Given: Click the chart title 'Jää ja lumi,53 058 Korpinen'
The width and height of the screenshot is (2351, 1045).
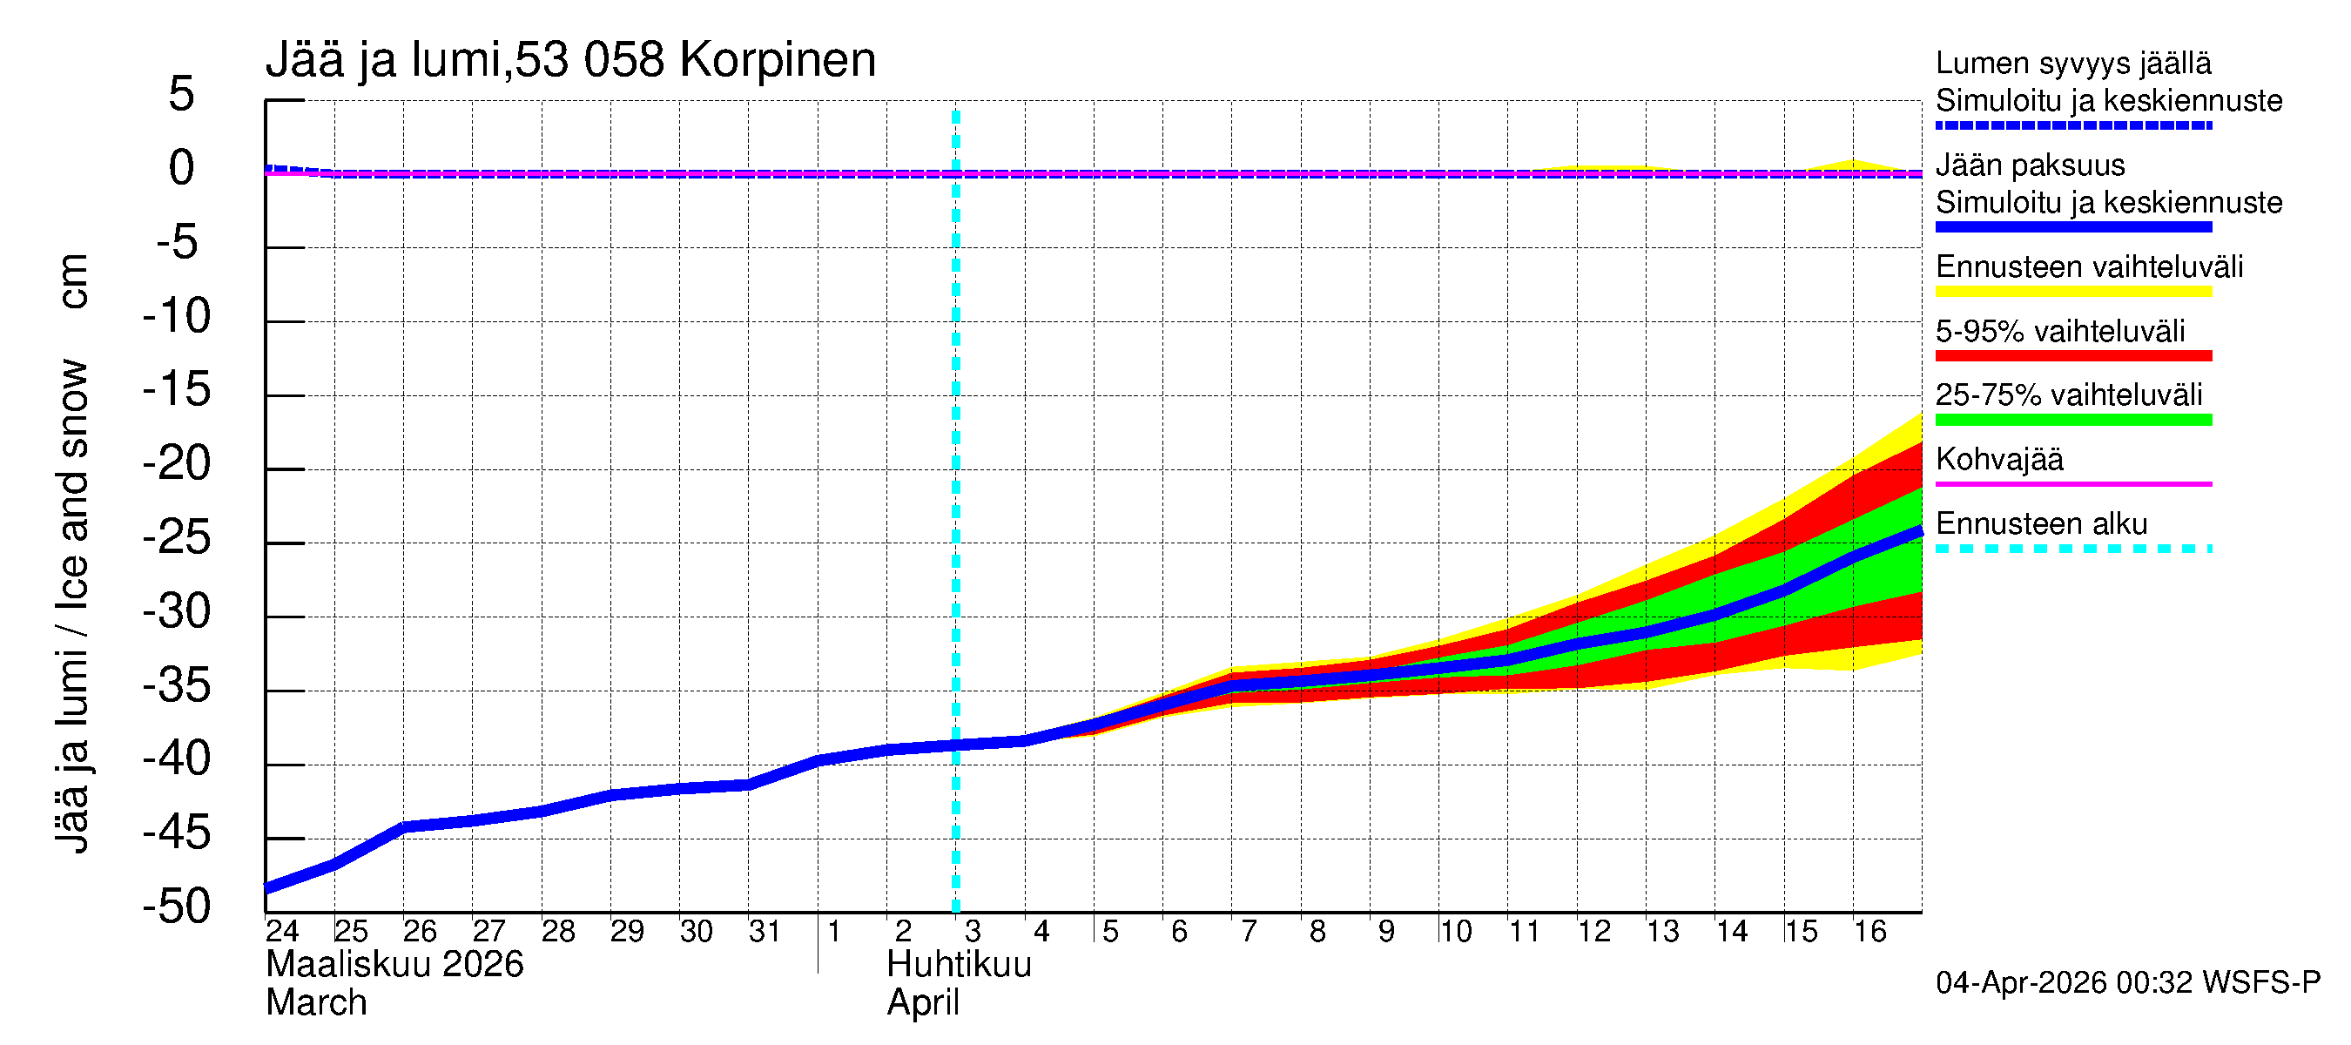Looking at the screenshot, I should [x=570, y=60].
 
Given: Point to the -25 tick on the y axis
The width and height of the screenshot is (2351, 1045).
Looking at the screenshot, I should [x=177, y=537].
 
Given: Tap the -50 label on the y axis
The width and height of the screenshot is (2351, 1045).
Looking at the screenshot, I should [x=177, y=907].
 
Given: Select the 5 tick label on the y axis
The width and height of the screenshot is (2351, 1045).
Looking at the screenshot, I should [x=182, y=94].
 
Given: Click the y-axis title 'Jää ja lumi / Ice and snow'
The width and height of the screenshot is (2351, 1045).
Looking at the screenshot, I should [x=72, y=607].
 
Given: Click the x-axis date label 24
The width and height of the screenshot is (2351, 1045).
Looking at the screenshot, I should [x=282, y=932].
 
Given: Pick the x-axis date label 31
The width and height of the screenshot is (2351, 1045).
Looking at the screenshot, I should [x=765, y=932].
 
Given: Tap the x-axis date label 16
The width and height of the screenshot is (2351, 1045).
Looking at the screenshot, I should [x=1869, y=932].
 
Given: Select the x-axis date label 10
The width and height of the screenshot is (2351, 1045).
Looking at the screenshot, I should [x=1455, y=932].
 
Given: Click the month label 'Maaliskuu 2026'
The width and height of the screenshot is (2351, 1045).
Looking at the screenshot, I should [x=394, y=965].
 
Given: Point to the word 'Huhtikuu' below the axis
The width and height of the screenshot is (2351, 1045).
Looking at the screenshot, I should [x=959, y=965].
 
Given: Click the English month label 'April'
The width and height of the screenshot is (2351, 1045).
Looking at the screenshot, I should [x=923, y=1003].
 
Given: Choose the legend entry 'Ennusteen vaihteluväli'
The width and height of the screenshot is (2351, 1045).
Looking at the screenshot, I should [x=2089, y=267].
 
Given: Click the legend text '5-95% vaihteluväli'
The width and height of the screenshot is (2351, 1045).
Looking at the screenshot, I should [x=2060, y=331].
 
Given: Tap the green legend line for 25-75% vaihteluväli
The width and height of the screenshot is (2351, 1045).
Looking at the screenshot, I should [x=2072, y=420].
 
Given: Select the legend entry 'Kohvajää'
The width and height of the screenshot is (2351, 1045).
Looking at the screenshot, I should [x=1998, y=459].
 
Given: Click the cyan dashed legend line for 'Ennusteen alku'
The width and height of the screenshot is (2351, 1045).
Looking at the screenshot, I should [x=2072, y=549].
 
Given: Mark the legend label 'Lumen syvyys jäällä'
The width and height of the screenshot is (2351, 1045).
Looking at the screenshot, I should [x=2072, y=63].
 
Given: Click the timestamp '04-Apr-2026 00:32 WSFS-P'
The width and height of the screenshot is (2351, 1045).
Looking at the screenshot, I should [x=2127, y=983].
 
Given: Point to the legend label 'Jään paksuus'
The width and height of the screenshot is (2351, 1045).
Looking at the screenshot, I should [x=2030, y=165].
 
